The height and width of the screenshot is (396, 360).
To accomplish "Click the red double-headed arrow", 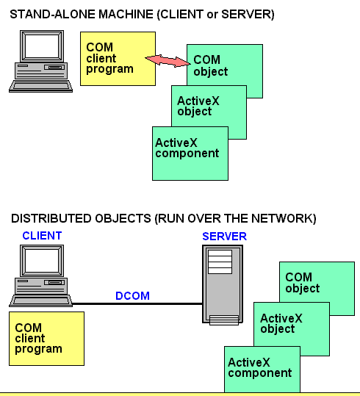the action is (168, 61).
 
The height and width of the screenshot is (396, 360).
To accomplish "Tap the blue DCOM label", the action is (132, 296).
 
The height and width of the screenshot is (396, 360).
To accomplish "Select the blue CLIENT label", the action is (42, 236).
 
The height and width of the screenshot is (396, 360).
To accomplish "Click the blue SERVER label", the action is (224, 237).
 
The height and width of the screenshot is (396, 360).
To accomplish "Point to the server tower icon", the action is (223, 284).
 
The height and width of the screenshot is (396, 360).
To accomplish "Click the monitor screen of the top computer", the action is (42, 46).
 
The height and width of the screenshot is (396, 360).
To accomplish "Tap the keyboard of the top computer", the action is (40, 86).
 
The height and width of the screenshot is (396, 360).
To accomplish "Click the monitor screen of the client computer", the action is (42, 261).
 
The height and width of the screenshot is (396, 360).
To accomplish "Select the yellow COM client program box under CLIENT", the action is (47, 339).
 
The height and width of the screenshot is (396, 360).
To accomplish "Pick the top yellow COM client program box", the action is (118, 59).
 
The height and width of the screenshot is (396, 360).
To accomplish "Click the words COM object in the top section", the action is (210, 65).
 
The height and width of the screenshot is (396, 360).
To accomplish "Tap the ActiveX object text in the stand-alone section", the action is (198, 107).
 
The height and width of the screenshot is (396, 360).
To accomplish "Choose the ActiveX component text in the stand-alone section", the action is (187, 148).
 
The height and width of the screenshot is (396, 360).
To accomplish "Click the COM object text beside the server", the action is (303, 283).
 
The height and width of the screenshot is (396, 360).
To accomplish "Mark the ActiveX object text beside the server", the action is (281, 324).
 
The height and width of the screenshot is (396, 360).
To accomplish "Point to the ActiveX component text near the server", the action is (260, 367).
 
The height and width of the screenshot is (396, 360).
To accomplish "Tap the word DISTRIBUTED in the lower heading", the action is (51, 218).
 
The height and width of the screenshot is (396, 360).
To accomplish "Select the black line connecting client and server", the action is (137, 303).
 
